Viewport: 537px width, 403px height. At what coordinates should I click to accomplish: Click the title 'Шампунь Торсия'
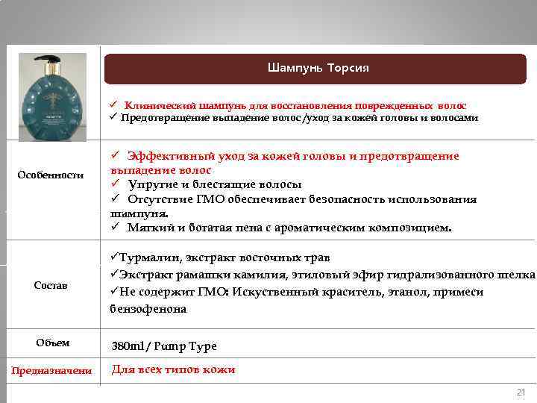click(x=318, y=69)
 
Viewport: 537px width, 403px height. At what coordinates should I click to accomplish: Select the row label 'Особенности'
click(x=51, y=175)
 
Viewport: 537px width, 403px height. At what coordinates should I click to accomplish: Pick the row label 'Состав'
click(x=51, y=286)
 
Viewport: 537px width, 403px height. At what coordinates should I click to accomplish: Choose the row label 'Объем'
click(x=53, y=343)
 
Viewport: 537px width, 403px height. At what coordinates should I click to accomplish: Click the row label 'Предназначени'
click(x=51, y=371)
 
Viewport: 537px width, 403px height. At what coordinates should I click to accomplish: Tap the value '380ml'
click(x=129, y=346)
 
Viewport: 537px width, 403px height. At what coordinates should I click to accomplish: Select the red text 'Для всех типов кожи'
click(x=173, y=369)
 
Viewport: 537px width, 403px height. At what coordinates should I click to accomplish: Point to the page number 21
click(x=521, y=393)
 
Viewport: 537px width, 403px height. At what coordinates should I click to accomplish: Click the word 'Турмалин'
click(x=148, y=258)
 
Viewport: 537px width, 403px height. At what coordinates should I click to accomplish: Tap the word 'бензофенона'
click(x=148, y=309)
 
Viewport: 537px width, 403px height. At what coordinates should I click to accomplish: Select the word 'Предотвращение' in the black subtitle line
click(x=159, y=118)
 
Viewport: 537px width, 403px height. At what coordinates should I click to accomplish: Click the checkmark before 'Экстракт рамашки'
click(x=114, y=275)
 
